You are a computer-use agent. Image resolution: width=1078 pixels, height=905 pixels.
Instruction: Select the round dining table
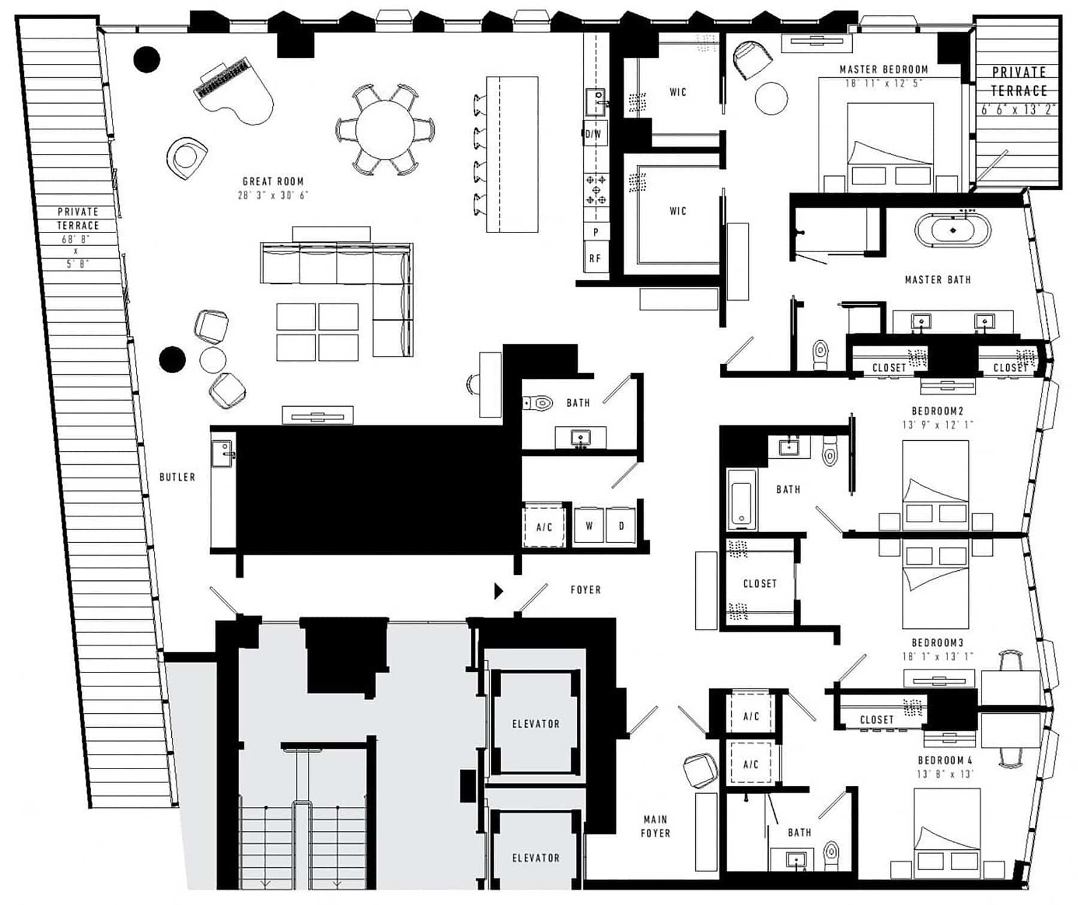click(x=385, y=129)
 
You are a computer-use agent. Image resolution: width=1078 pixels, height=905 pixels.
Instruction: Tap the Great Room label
click(x=273, y=181)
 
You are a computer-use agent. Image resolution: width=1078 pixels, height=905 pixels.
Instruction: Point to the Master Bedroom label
click(x=883, y=69)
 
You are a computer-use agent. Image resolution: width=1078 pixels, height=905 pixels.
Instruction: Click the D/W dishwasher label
click(x=593, y=134)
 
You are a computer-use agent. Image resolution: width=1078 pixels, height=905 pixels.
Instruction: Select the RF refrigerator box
click(x=595, y=258)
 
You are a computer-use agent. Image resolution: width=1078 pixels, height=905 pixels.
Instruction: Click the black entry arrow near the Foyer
click(x=498, y=591)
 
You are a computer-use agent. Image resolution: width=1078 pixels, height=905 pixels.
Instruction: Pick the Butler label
click(x=177, y=477)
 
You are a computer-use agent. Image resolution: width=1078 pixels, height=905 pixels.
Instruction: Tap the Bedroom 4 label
click(x=945, y=760)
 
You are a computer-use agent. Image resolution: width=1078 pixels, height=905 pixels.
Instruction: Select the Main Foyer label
click(x=655, y=826)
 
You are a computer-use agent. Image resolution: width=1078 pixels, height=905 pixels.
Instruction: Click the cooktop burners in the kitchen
click(x=596, y=189)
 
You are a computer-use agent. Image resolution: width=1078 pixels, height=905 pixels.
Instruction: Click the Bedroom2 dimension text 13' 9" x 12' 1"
click(x=938, y=425)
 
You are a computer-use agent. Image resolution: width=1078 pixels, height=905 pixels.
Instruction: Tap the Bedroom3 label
click(x=937, y=643)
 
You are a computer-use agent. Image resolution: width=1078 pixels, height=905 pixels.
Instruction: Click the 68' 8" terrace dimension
click(x=76, y=239)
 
